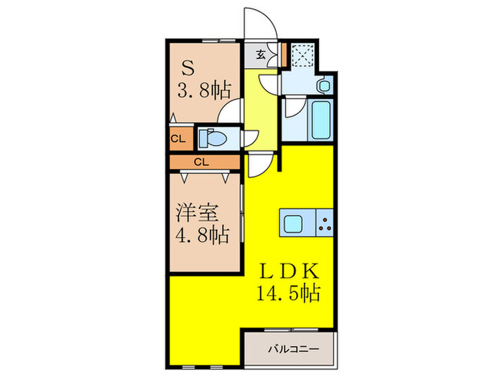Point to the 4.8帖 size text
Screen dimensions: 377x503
point(203,234)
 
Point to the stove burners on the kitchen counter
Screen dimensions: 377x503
point(326,223)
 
